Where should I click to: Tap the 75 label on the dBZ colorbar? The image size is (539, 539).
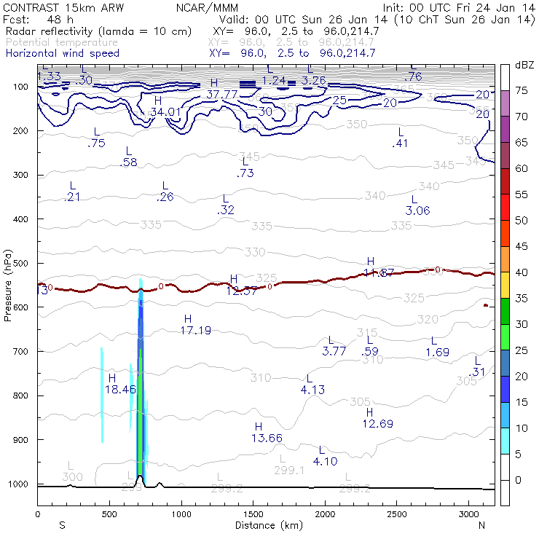[522, 91]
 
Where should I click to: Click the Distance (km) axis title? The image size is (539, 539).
[266, 524]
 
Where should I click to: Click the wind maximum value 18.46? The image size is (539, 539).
[121, 390]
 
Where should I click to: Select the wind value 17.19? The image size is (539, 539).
[196, 330]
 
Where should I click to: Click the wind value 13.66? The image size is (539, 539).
[267, 438]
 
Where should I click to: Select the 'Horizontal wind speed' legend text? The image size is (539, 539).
[62, 53]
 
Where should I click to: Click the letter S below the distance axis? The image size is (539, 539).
[63, 524]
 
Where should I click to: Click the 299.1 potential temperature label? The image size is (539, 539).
[289, 471]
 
